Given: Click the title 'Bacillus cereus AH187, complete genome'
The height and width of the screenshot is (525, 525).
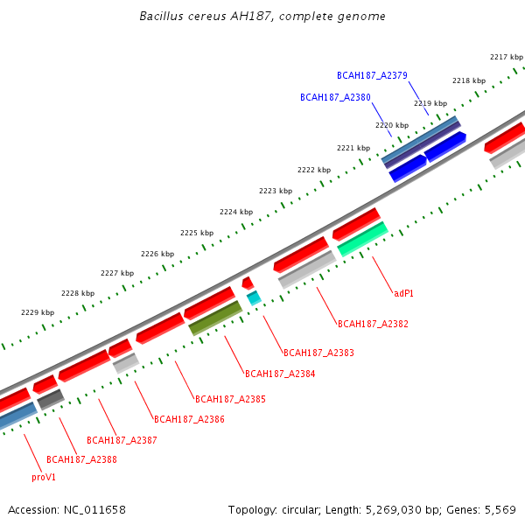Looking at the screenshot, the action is (262, 17).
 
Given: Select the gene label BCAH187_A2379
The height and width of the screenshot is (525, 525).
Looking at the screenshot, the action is (372, 75).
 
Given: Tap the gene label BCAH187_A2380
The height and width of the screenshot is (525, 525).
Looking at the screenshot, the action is (335, 97).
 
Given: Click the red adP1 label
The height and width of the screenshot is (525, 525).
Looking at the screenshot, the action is (403, 293).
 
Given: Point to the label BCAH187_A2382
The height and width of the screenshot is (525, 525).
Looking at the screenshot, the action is (373, 324).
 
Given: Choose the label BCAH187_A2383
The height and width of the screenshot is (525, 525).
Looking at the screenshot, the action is (318, 353).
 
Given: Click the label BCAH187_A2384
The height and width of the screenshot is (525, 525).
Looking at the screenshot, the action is (280, 374).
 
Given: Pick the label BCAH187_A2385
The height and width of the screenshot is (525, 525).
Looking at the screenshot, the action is (230, 399).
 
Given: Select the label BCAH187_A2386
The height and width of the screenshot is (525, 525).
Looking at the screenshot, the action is (189, 419).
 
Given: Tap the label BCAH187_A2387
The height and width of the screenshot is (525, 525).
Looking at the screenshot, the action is (122, 440).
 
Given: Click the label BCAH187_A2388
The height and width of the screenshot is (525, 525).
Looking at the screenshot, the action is (81, 459).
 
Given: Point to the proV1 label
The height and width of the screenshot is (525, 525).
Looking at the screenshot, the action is (44, 478).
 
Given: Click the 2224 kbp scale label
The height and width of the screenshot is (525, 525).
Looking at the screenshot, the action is (236, 212).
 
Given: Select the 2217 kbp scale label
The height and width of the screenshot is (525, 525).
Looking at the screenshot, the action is (507, 57).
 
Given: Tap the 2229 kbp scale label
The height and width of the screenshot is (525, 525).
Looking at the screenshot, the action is (38, 312).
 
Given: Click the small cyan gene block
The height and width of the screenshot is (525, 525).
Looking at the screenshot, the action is (254, 298).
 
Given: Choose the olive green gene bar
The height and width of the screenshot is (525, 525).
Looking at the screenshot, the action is (215, 318).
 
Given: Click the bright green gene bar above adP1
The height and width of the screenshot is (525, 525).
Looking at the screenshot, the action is (362, 238).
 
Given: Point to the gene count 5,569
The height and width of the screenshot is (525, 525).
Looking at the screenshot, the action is (498, 509).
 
